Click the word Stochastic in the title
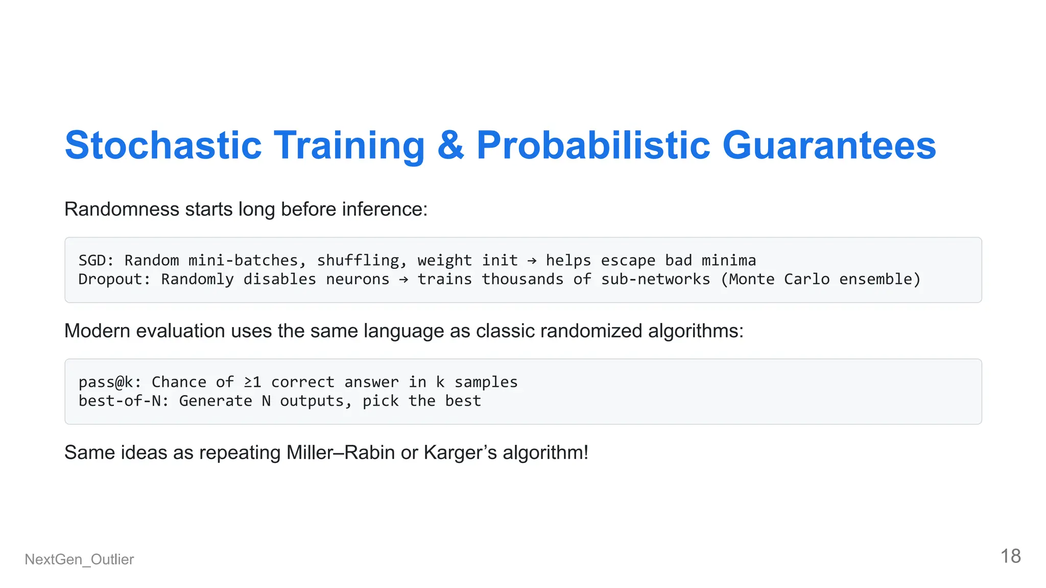(163, 145)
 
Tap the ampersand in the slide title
(450, 145)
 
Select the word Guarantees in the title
(828, 145)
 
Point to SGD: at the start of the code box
(96, 260)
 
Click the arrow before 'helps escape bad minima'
(532, 261)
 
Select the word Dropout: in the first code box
(114, 279)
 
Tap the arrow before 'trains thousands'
(403, 280)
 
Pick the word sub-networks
(655, 279)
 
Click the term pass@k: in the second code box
(109, 382)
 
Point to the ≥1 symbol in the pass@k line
(252, 382)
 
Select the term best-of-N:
(123, 401)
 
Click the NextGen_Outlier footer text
(79, 559)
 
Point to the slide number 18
(1010, 556)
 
